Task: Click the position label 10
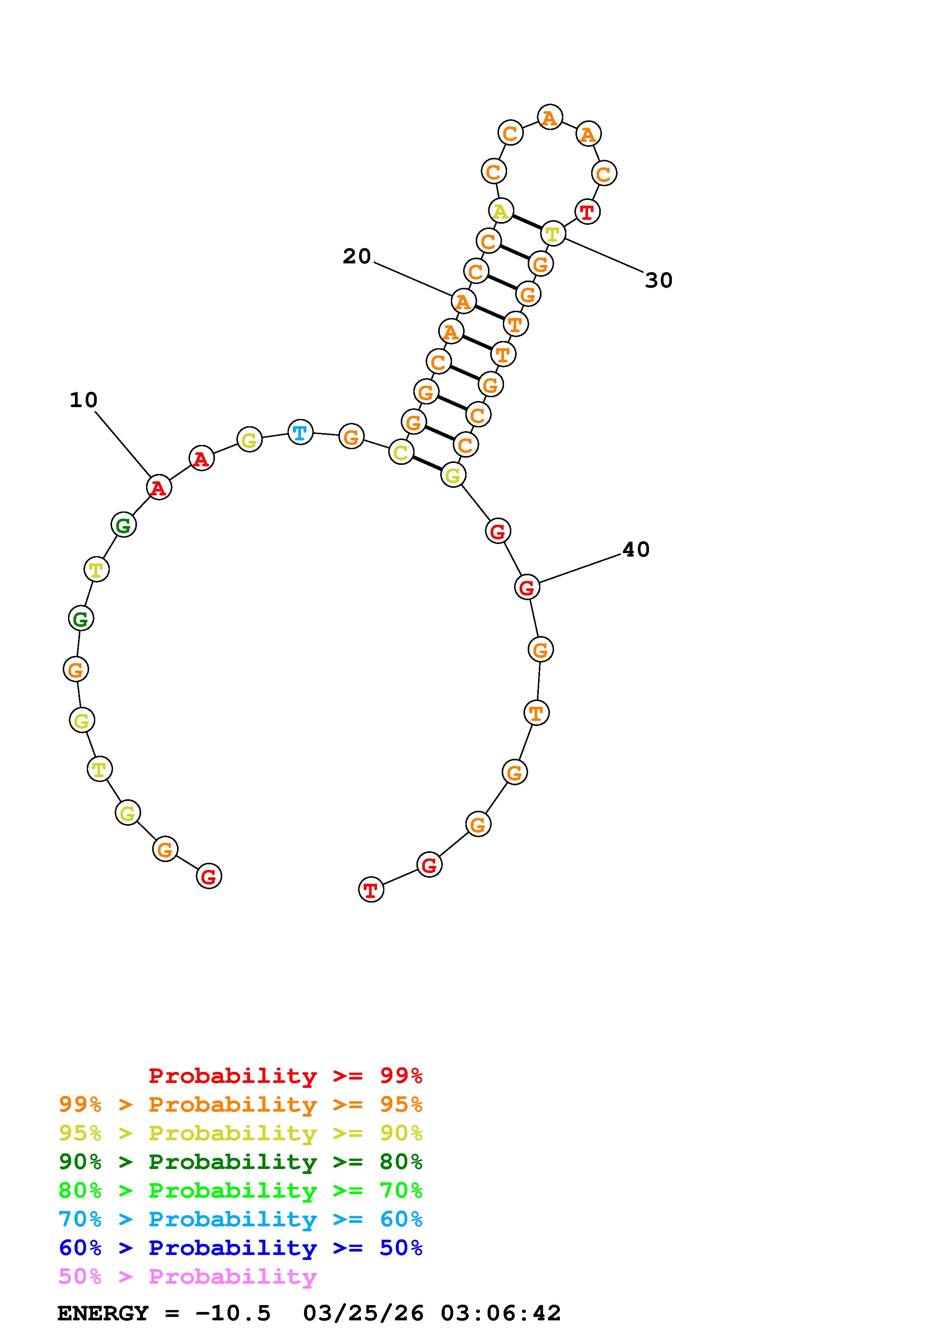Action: click(83, 400)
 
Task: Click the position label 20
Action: click(357, 257)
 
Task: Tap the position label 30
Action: click(659, 280)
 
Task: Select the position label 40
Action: click(636, 550)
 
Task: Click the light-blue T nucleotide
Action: click(300, 432)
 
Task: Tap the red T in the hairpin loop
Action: click(587, 211)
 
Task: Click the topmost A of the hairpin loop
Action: click(550, 117)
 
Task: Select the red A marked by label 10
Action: click(159, 487)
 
